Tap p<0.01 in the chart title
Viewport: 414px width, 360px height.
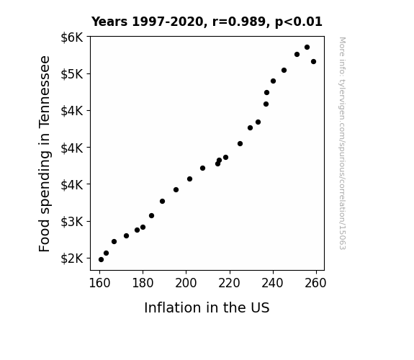click(x=299, y=22)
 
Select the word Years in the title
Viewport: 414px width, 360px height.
click(x=109, y=22)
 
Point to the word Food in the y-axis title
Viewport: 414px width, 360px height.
click(x=44, y=240)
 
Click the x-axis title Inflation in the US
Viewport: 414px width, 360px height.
click(x=207, y=307)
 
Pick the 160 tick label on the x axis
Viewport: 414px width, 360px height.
click(x=99, y=283)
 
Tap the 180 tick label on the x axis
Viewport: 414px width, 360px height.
click(x=143, y=283)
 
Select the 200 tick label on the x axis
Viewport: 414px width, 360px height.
click(x=186, y=283)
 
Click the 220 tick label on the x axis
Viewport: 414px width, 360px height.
click(x=229, y=283)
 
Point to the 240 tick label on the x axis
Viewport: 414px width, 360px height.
click(x=272, y=283)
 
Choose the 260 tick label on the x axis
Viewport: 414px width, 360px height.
click(x=315, y=283)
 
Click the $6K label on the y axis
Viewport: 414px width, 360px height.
click(x=72, y=37)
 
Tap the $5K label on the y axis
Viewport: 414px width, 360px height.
click(x=72, y=74)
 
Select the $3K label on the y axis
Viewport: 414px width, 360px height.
click(x=72, y=222)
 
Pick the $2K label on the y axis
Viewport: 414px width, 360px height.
click(x=72, y=258)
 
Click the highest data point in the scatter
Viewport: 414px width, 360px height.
click(x=307, y=48)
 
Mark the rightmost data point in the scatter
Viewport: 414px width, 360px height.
click(x=313, y=61)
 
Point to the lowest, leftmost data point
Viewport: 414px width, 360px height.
click(x=101, y=260)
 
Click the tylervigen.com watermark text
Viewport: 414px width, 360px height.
click(x=343, y=143)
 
